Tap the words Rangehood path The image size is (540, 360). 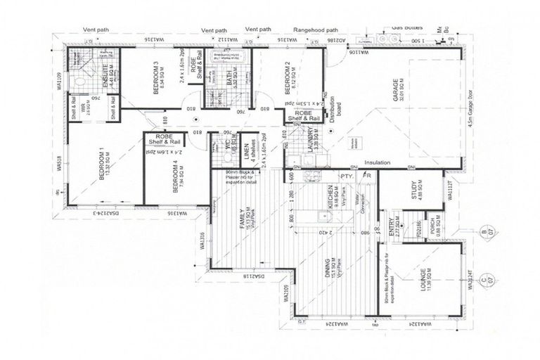click(316, 30)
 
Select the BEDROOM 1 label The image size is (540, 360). click(102, 167)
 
